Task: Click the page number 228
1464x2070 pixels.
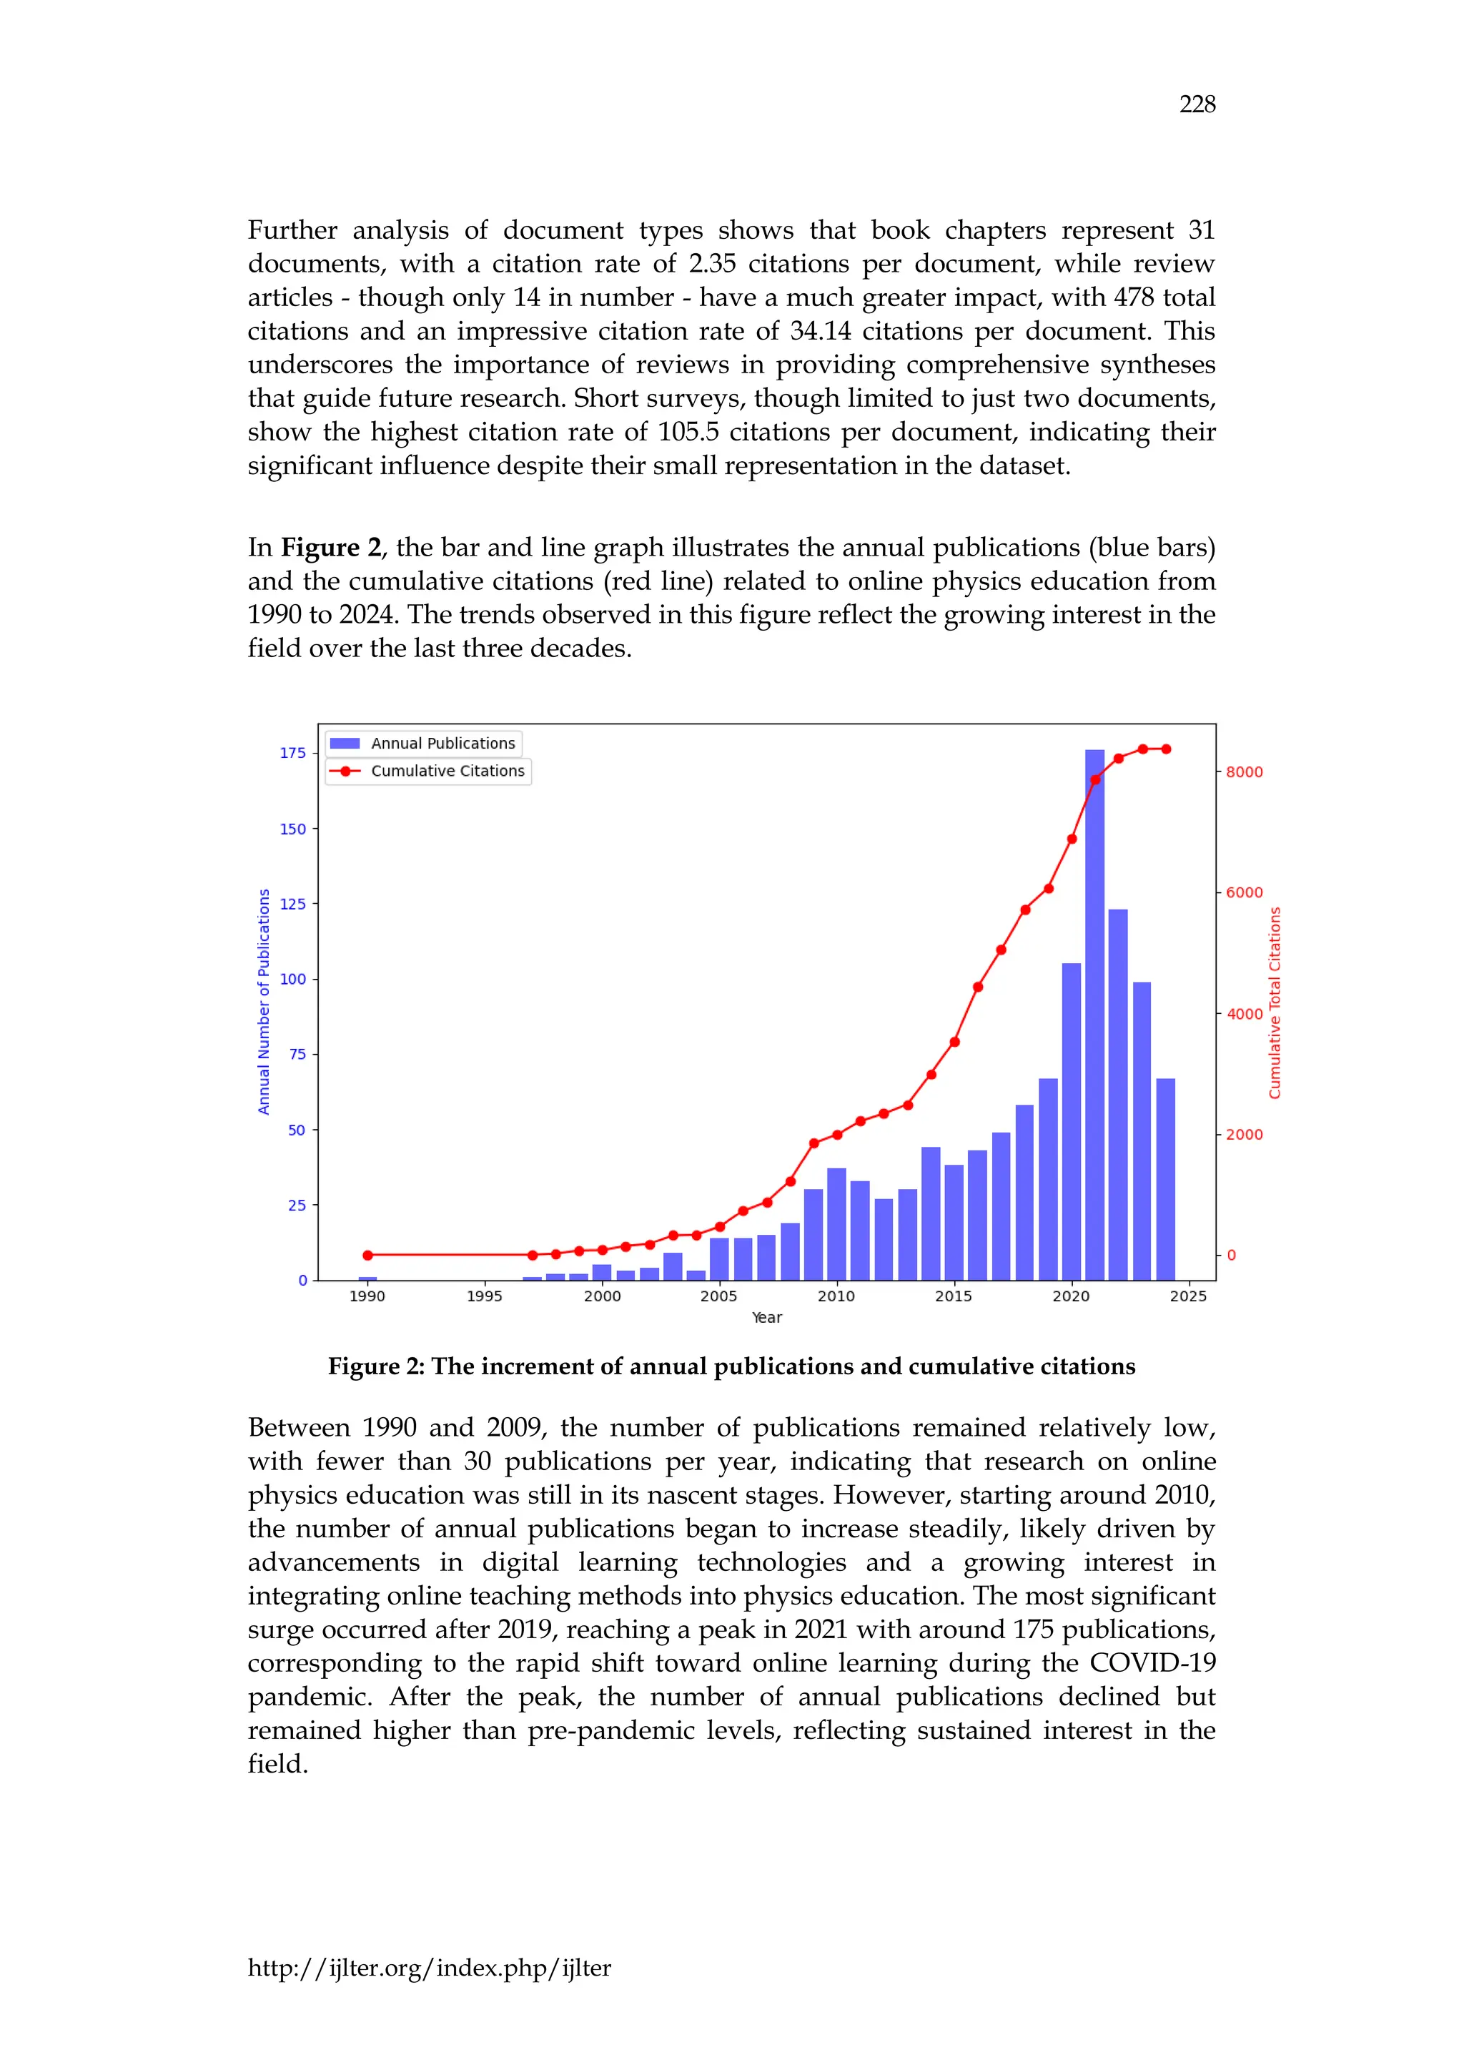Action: tap(1197, 104)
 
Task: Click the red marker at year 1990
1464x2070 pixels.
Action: tap(368, 1255)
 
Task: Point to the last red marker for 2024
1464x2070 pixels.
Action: tap(1167, 749)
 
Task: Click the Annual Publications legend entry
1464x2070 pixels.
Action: tap(424, 743)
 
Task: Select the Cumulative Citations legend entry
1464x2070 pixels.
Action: tap(428, 771)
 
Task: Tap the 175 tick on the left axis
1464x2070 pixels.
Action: tap(293, 753)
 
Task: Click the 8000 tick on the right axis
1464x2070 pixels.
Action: tap(1244, 772)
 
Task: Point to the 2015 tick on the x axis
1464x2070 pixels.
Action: tap(953, 1296)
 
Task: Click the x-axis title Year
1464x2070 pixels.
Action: tap(766, 1317)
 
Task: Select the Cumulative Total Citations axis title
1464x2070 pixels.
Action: tap(1275, 1002)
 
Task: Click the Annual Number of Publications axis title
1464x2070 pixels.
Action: tap(263, 1001)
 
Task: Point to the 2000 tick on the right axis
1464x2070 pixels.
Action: tap(1244, 1134)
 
